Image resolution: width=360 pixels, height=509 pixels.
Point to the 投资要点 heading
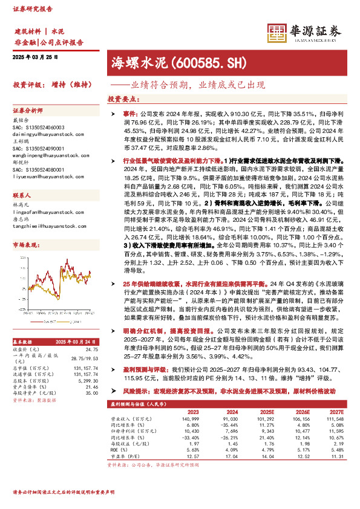coord(121,99)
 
